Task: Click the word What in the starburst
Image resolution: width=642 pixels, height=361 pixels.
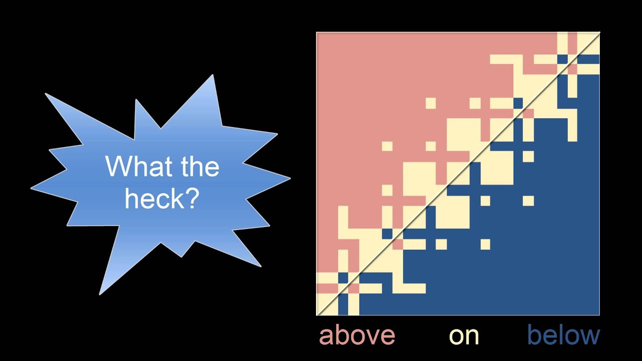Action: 132,166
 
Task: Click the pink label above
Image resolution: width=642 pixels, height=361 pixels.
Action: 357,335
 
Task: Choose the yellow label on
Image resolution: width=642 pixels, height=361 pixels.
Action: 464,336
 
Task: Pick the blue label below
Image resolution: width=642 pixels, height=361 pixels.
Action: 563,335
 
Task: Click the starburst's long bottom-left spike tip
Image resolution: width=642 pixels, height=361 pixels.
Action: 100,294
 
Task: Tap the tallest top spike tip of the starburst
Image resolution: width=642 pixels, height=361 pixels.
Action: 213,75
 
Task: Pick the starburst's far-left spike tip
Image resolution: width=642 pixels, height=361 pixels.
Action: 31,189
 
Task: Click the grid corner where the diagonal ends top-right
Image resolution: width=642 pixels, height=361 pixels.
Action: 599,33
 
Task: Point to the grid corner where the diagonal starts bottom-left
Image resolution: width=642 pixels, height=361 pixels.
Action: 316,315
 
